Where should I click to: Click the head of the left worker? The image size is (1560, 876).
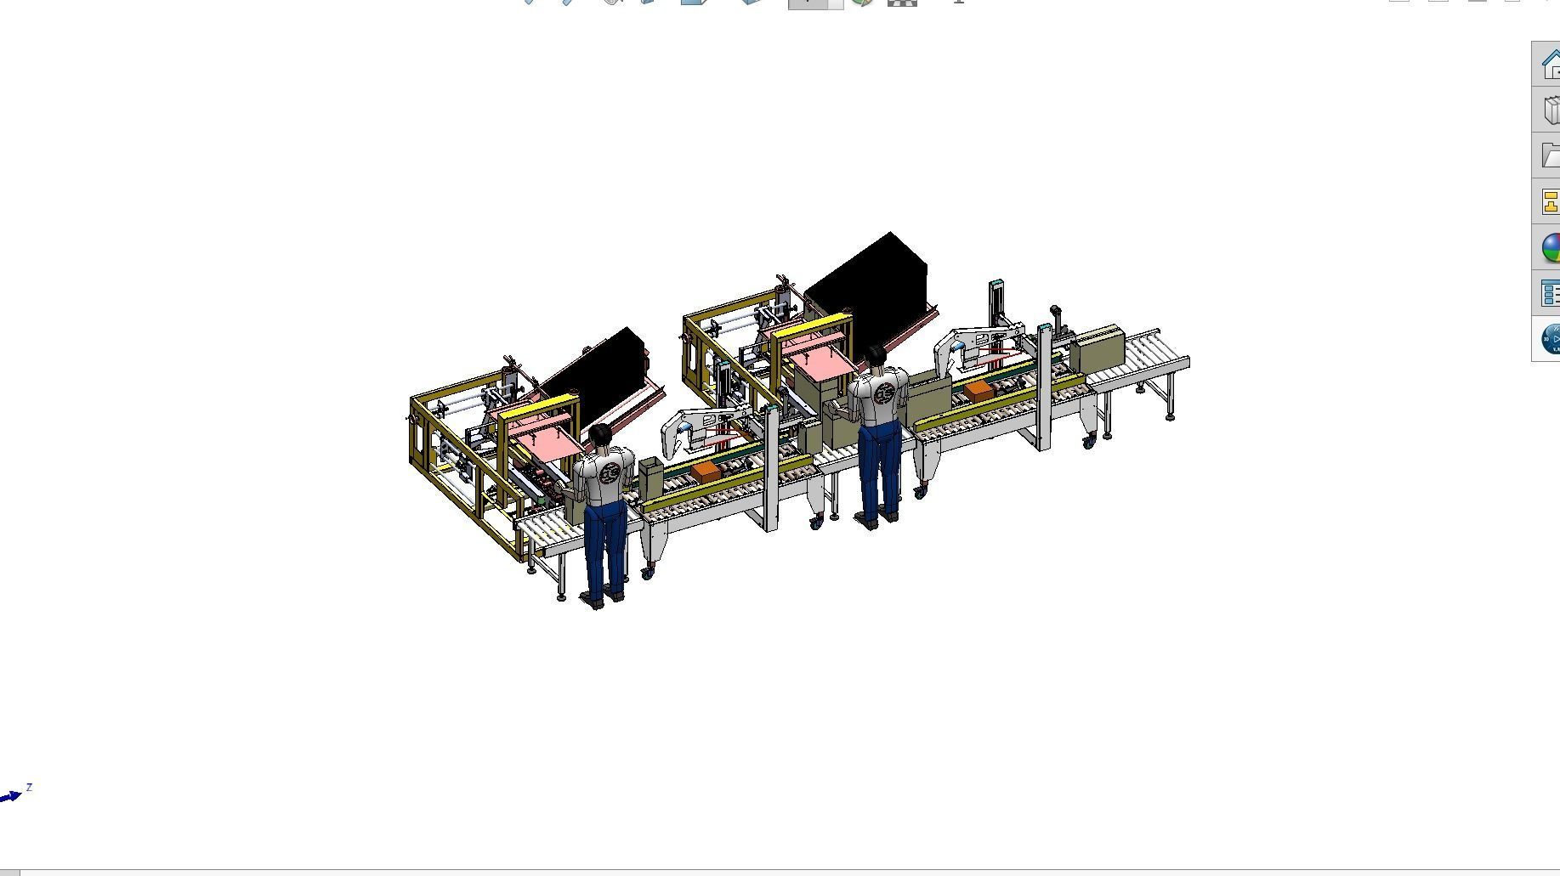[x=600, y=435]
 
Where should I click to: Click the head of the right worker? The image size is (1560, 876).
[x=876, y=356]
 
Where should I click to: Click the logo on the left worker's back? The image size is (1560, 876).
[x=609, y=472]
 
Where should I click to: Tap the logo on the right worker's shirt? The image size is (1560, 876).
[x=884, y=393]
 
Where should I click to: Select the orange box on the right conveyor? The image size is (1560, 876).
[x=979, y=390]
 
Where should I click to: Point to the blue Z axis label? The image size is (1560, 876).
[x=29, y=788]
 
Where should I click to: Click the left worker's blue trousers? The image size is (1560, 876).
[x=605, y=544]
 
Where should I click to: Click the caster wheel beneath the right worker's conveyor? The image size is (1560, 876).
[x=920, y=492]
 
